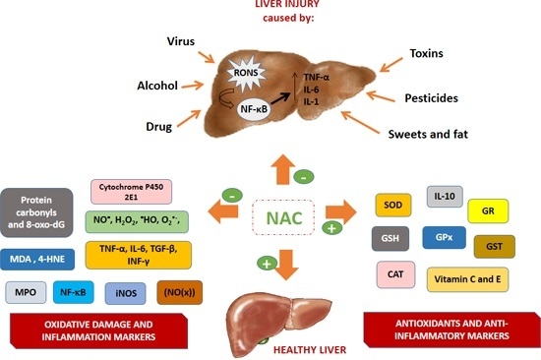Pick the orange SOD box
click(x=393, y=205)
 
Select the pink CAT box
click(x=393, y=274)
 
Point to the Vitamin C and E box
click(x=466, y=278)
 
